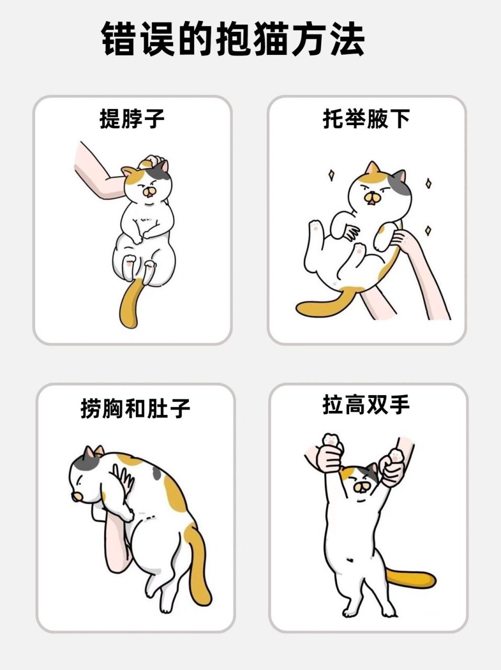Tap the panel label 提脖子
132,119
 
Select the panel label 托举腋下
366,119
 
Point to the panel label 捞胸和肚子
135,408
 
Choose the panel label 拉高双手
366,405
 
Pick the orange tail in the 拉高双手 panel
413,578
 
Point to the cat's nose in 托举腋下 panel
372,197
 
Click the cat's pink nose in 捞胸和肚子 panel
77,495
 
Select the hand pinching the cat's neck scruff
154,162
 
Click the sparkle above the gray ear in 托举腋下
428,183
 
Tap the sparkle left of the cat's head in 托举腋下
331,174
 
